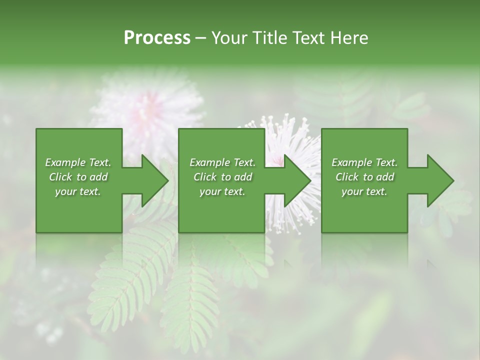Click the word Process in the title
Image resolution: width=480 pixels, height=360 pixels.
[x=157, y=38]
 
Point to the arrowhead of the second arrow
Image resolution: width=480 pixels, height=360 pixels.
[x=297, y=180]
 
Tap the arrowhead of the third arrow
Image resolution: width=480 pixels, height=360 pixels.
[x=440, y=180]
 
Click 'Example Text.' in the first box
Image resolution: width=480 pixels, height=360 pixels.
[x=78, y=162]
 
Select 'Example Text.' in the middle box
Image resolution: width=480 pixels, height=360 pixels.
[x=222, y=162]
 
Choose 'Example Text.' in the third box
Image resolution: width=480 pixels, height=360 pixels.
[x=364, y=162]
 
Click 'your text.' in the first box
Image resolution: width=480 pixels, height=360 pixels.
[x=78, y=191]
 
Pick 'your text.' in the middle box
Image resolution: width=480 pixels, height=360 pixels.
[x=222, y=191]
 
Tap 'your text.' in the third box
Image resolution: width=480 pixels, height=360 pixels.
[x=364, y=191]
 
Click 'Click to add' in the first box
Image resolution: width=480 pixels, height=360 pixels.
[x=78, y=177]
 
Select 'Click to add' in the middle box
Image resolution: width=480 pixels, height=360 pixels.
[x=222, y=177]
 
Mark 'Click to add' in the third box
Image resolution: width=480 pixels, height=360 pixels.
[x=364, y=177]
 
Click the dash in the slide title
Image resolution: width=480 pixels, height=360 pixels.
[x=200, y=38]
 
